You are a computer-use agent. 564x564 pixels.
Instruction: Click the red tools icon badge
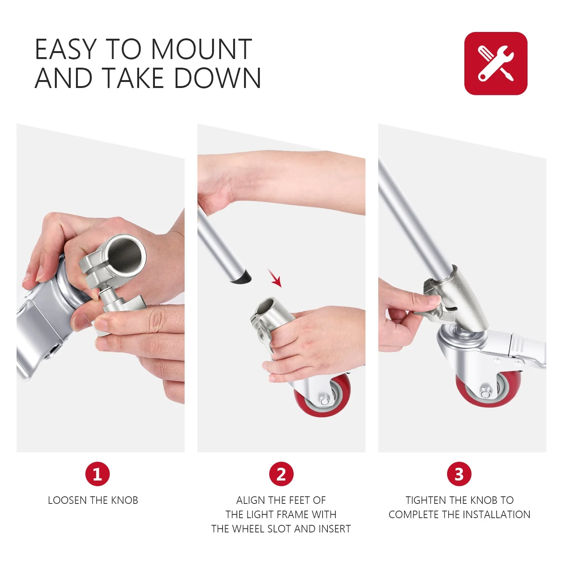click(496, 63)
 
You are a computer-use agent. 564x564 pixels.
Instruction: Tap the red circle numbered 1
click(97, 474)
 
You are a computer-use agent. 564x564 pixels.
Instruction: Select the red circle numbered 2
click(281, 474)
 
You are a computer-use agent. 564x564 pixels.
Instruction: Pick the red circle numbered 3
click(459, 474)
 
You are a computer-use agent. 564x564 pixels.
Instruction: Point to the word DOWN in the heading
click(217, 78)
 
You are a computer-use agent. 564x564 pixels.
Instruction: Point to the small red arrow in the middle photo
click(275, 277)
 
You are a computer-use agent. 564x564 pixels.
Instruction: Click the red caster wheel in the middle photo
click(323, 396)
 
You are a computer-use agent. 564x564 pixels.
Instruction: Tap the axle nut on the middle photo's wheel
click(323, 399)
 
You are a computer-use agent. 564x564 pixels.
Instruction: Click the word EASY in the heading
click(66, 49)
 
